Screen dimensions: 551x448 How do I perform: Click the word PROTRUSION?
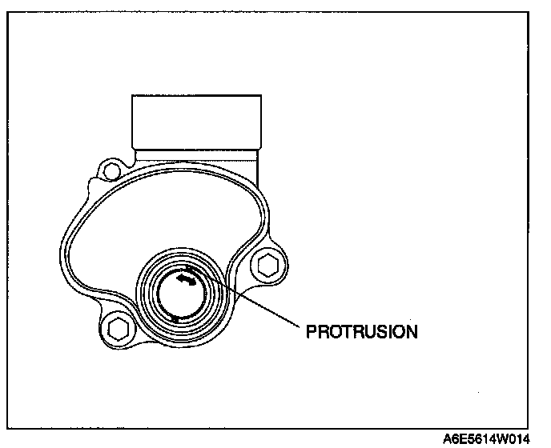[x=362, y=331]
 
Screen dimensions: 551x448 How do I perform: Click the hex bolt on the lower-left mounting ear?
[x=118, y=326]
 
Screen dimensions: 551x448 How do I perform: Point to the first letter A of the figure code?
[x=448, y=439]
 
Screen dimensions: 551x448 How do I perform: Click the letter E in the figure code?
[x=465, y=439]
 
